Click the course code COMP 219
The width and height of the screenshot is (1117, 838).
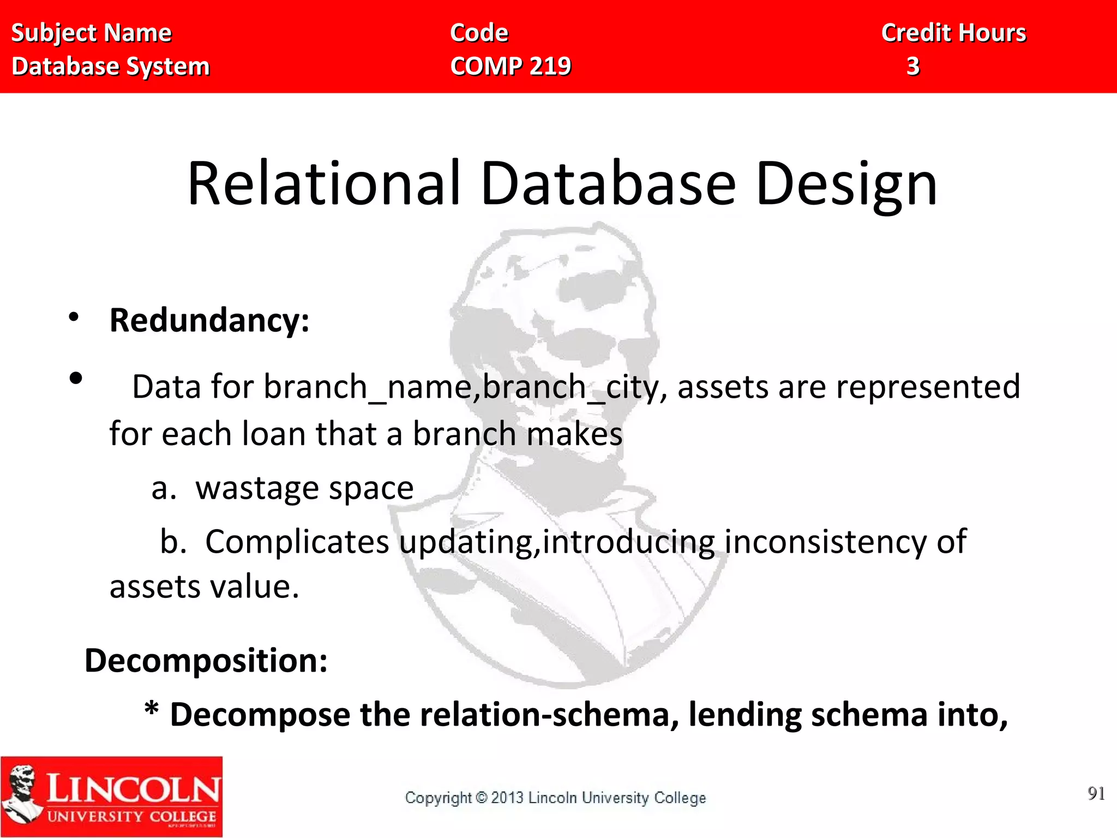pos(511,67)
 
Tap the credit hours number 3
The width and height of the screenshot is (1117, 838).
pos(913,67)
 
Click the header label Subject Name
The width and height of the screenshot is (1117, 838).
pos(91,33)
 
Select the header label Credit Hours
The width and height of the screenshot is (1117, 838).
pos(953,33)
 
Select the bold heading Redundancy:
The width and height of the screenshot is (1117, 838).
pos(209,320)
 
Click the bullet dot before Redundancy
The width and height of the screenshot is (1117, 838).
pos(74,317)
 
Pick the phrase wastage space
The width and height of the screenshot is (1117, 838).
pos(304,488)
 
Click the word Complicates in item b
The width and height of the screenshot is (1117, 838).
pos(297,542)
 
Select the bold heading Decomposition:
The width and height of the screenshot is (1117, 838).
pos(206,661)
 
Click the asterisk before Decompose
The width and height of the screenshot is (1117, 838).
pos(152,711)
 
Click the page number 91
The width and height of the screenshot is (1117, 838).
pos(1096,793)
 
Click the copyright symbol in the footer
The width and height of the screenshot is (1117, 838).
pos(481,798)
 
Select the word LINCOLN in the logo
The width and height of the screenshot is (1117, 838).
pos(133,788)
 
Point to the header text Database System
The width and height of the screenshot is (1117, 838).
pos(111,67)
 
